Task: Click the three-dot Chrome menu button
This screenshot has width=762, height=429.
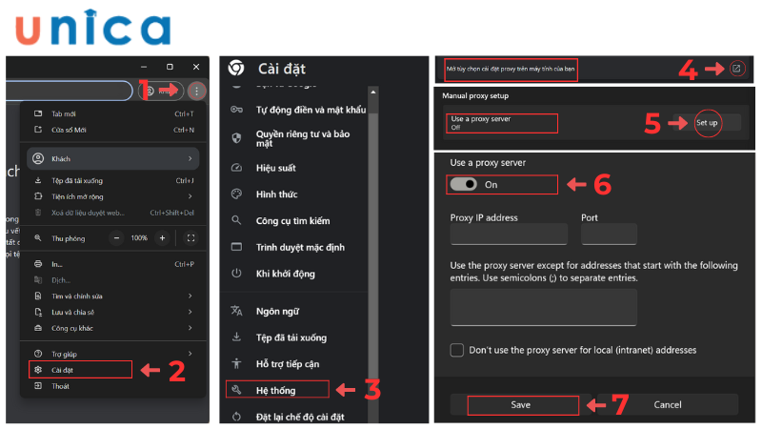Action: (x=195, y=91)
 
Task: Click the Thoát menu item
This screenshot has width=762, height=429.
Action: (x=60, y=386)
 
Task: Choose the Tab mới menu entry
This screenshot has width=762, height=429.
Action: (x=65, y=113)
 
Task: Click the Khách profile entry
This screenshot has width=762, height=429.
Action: (x=62, y=158)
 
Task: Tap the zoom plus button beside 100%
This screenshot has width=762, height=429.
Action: (x=163, y=237)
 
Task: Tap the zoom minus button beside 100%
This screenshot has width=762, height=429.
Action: (x=117, y=237)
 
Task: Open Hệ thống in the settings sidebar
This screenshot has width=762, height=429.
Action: (x=276, y=389)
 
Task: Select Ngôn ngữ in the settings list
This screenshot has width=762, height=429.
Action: (x=278, y=310)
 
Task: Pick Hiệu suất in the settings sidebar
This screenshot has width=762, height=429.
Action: (x=276, y=167)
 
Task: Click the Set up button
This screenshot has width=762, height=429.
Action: (x=706, y=123)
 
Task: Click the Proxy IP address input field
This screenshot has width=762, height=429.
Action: (x=509, y=235)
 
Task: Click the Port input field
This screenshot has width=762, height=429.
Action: (x=608, y=235)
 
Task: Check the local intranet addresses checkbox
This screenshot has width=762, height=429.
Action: (x=457, y=350)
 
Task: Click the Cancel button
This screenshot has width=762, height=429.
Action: (x=667, y=404)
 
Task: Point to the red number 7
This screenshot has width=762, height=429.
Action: (x=619, y=404)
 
